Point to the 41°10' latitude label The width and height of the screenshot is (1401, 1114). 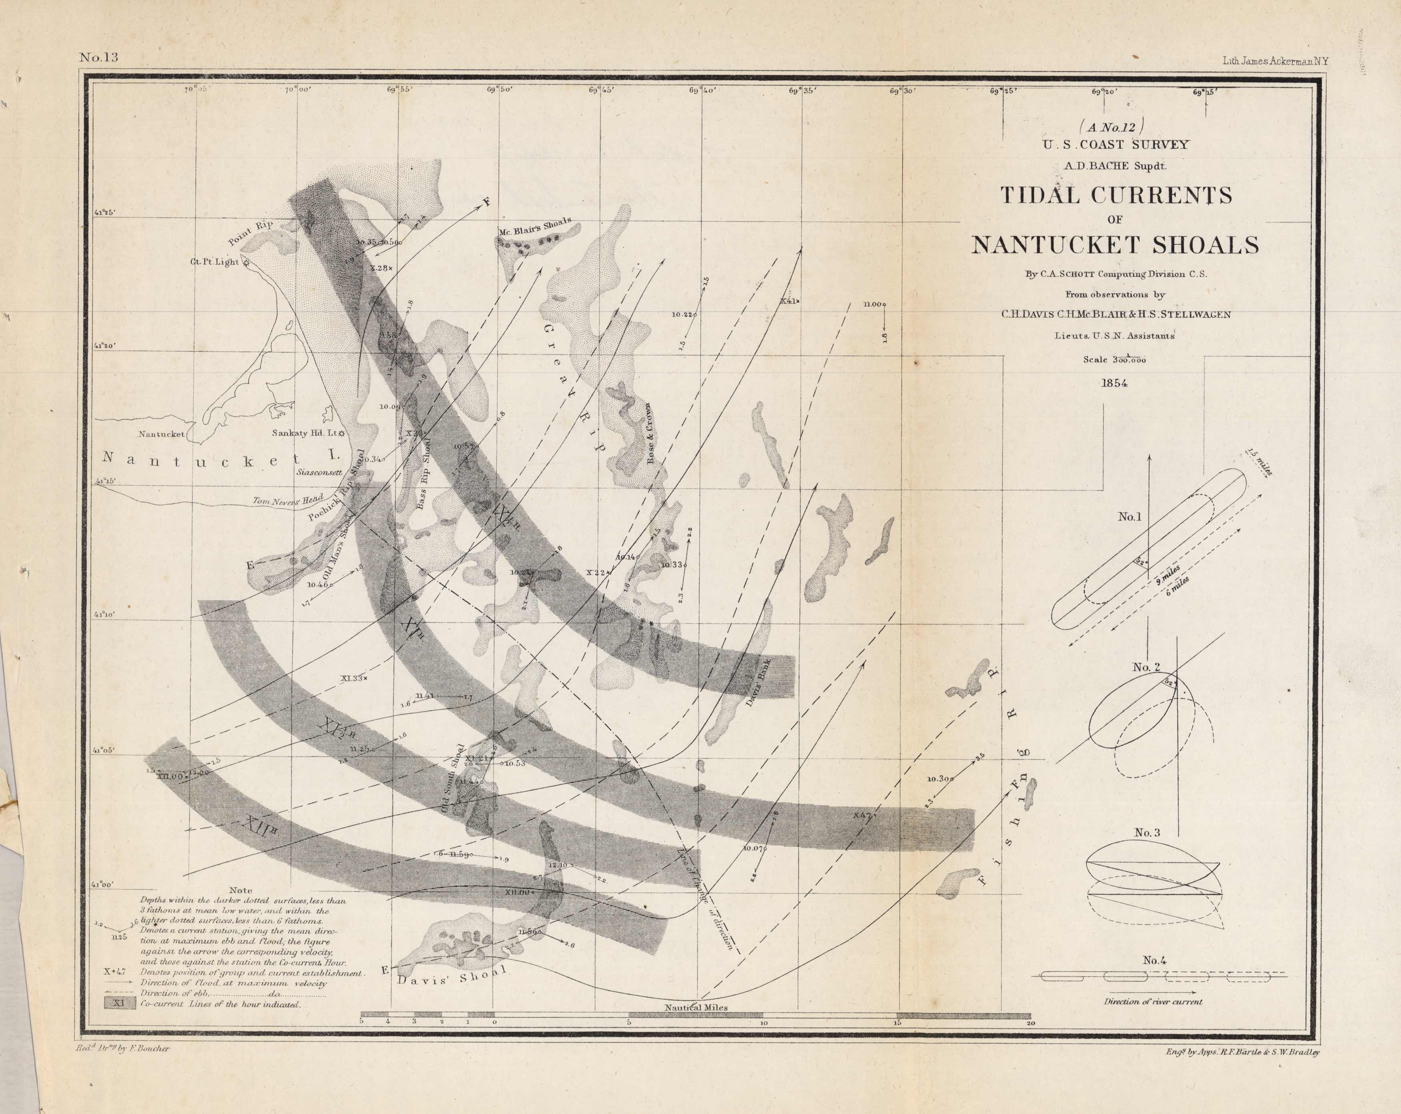point(104,614)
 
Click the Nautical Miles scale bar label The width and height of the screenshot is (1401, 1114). point(695,1007)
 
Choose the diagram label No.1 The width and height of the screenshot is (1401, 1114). point(1129,517)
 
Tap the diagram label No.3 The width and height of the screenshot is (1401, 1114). point(1147,832)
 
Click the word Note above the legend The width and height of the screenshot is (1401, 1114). point(241,891)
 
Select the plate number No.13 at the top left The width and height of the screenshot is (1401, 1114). point(99,58)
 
